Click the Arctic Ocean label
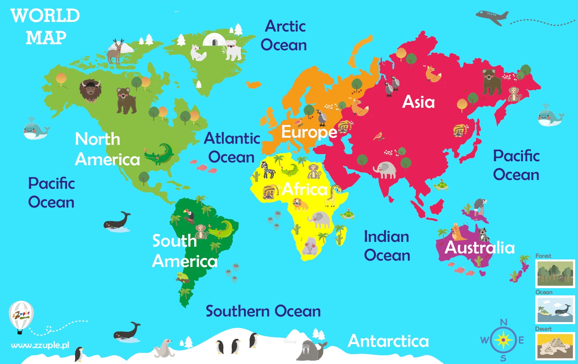(284, 36)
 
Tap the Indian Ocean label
(387, 246)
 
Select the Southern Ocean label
(263, 311)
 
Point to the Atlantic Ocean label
(232, 148)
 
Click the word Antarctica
(388, 341)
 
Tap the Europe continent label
(309, 132)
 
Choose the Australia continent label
(480, 248)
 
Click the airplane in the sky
(492, 17)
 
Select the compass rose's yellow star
(503, 340)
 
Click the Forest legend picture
(555, 274)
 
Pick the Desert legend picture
(555, 346)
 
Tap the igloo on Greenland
(214, 40)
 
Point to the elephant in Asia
(385, 170)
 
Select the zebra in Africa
(268, 170)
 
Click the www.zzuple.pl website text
(40, 345)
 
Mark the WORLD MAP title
(45, 27)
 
